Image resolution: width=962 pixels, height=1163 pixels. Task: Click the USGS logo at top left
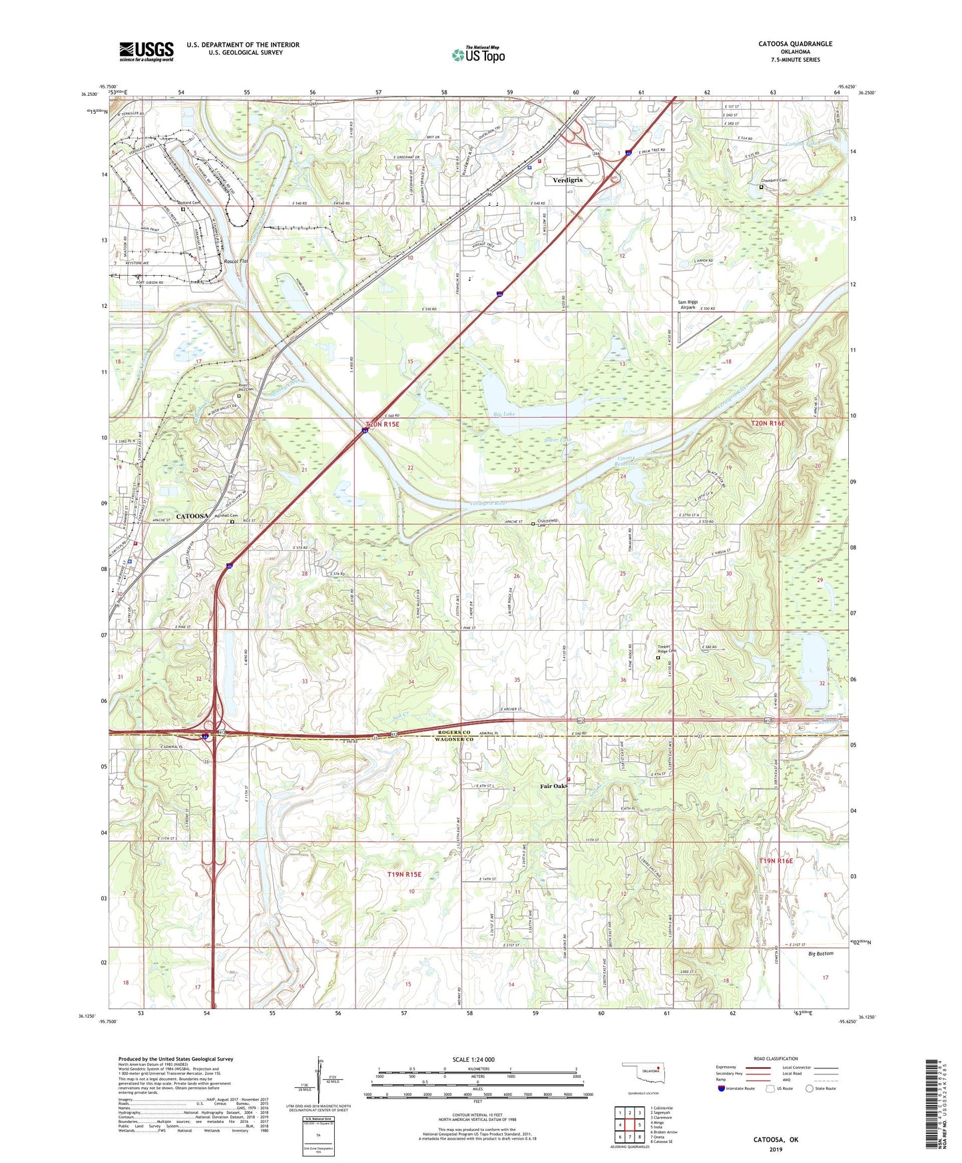click(146, 51)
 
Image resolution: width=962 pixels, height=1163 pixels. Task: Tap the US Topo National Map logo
click(478, 55)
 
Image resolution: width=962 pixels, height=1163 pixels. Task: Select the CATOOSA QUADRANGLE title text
click(795, 44)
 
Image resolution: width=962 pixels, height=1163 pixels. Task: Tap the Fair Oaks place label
click(553, 786)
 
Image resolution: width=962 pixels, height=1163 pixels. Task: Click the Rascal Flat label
click(236, 261)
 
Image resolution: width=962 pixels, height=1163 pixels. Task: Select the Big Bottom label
click(820, 953)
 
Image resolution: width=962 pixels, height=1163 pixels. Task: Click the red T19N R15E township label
click(404, 874)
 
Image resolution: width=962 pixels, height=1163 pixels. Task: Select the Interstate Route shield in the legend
click(722, 1088)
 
